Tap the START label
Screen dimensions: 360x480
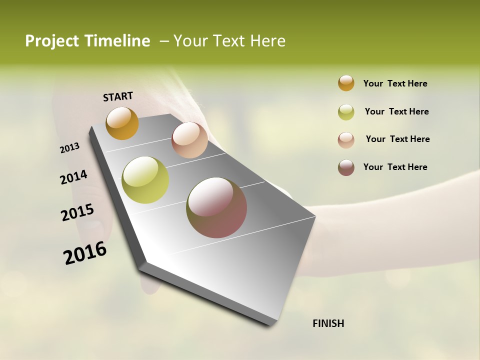tap(118, 96)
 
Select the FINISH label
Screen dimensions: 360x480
tap(328, 323)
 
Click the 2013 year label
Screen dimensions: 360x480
tap(70, 148)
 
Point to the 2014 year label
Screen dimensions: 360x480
tap(73, 177)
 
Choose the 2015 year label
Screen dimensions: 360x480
tap(77, 212)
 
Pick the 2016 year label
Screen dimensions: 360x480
tap(85, 253)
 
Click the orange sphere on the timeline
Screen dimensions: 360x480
tap(122, 123)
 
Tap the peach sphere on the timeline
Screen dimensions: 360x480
tap(189, 140)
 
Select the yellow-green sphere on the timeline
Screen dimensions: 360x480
tap(145, 180)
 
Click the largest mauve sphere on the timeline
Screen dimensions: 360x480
tap(216, 207)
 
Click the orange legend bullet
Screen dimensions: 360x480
tap(346, 83)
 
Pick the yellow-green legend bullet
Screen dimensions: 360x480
tap(346, 112)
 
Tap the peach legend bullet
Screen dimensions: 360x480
tap(346, 140)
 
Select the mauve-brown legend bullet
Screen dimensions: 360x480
tap(346, 167)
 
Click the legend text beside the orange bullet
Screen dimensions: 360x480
tap(395, 83)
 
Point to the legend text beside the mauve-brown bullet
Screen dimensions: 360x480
tap(395, 167)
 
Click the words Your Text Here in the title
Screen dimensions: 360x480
tap(229, 41)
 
